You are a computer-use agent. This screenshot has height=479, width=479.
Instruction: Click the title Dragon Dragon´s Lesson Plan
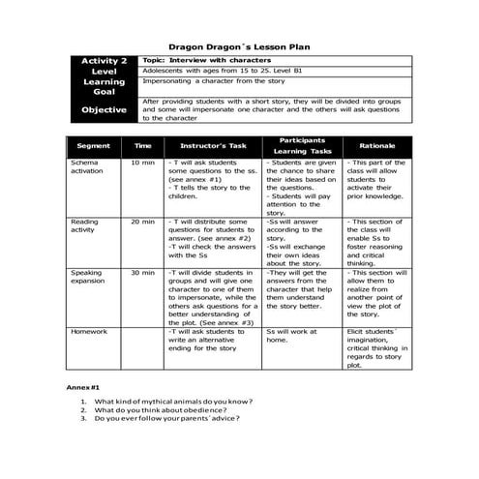coord(239,45)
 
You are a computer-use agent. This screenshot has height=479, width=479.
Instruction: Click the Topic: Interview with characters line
coord(199,60)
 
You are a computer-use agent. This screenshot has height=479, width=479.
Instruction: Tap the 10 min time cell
coord(142,164)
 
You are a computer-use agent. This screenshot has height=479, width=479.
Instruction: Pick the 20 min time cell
coord(142,222)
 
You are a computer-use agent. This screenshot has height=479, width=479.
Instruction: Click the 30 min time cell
coord(142,273)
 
